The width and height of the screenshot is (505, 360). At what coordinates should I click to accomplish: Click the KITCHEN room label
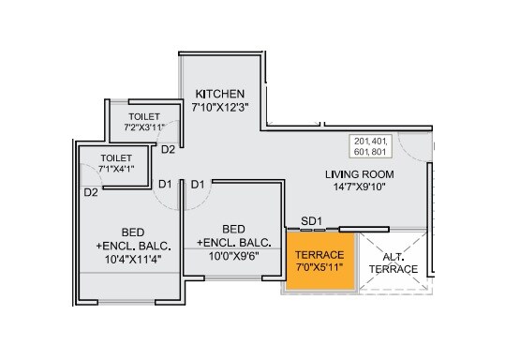click(x=220, y=95)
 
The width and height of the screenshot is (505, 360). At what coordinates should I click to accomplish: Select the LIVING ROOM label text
click(x=359, y=174)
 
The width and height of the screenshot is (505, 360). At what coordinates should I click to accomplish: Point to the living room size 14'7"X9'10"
click(x=359, y=187)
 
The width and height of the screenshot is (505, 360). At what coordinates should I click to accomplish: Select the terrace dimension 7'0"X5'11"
click(x=319, y=269)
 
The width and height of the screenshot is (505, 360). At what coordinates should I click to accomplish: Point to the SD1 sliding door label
click(x=312, y=222)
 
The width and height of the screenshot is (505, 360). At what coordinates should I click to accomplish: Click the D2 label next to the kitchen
click(x=168, y=149)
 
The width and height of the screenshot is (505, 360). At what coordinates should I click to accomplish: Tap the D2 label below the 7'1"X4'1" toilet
click(x=91, y=192)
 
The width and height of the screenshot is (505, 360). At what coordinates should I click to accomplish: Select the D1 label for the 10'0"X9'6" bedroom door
click(x=198, y=184)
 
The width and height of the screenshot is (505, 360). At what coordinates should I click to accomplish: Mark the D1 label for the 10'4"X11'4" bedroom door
click(x=164, y=184)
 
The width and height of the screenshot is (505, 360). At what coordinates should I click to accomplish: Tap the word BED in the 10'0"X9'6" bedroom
click(x=234, y=228)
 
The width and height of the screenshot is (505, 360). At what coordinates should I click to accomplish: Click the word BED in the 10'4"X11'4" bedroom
click(x=132, y=232)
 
